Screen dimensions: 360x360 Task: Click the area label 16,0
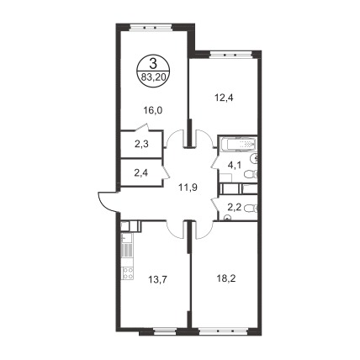click(153, 111)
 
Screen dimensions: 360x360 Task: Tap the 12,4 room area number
click(224, 98)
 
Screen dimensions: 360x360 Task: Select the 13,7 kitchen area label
click(158, 279)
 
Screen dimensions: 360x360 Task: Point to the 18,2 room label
click(226, 278)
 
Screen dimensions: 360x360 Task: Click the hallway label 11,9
click(188, 187)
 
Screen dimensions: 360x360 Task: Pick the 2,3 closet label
click(141, 145)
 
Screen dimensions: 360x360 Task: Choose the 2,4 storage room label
click(141, 172)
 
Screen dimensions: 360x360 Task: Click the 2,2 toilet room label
click(234, 208)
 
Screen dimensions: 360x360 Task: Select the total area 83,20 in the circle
click(153, 77)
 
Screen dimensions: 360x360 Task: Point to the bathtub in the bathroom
click(238, 145)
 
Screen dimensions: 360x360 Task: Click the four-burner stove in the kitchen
click(128, 273)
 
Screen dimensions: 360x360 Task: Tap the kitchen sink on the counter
click(125, 238)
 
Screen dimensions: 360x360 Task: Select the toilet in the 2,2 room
click(251, 209)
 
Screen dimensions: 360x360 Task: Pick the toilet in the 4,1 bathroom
click(251, 175)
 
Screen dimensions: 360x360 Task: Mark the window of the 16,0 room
click(151, 28)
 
